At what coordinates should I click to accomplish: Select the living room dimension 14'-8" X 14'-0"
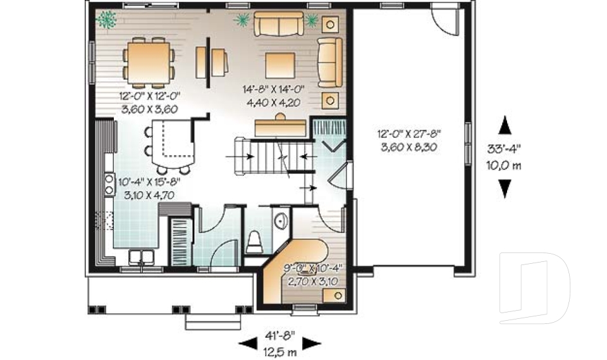[274, 90]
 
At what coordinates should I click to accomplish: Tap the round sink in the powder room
[280, 220]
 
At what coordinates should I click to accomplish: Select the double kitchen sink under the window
[143, 257]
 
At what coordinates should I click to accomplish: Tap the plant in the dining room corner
[107, 20]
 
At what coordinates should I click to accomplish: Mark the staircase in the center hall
[266, 154]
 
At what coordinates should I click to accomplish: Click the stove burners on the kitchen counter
[109, 184]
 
